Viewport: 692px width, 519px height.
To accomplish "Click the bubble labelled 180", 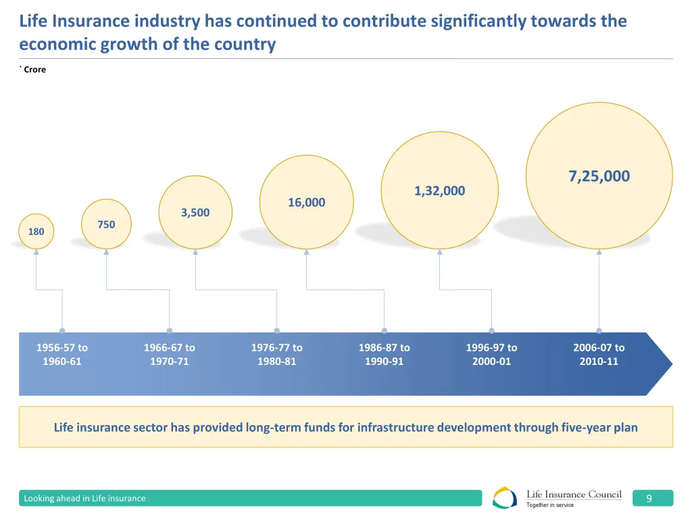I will pyautogui.click(x=36, y=232).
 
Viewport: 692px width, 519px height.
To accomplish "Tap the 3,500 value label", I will pyautogui.click(x=195, y=213).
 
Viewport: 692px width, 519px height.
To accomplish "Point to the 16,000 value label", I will pyautogui.click(x=306, y=202).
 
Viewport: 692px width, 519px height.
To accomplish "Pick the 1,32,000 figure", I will pyautogui.click(x=439, y=191).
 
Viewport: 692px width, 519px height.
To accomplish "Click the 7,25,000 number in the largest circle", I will pyautogui.click(x=599, y=176).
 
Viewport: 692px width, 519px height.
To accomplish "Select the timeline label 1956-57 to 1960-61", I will pyautogui.click(x=62, y=354).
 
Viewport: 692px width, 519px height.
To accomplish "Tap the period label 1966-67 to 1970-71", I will pyautogui.click(x=169, y=354).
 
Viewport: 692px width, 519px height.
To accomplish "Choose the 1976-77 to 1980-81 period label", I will pyautogui.click(x=276, y=354).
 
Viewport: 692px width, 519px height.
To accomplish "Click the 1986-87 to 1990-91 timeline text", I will pyautogui.click(x=384, y=354).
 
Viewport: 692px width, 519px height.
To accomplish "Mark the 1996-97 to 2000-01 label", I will pyautogui.click(x=491, y=354).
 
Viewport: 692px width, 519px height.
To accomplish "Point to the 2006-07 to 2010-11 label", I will pyautogui.click(x=599, y=354).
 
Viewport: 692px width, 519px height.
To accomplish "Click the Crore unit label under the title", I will pyautogui.click(x=34, y=70).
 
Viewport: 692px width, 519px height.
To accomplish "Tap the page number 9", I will pyautogui.click(x=649, y=499).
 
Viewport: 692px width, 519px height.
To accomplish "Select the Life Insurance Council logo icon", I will pyautogui.click(x=505, y=498).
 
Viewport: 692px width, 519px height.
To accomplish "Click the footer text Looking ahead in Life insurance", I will pyautogui.click(x=84, y=499).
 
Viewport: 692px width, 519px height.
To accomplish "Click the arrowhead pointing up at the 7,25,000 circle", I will pyautogui.click(x=599, y=253).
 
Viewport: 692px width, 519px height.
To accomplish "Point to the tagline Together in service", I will pyautogui.click(x=550, y=505).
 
